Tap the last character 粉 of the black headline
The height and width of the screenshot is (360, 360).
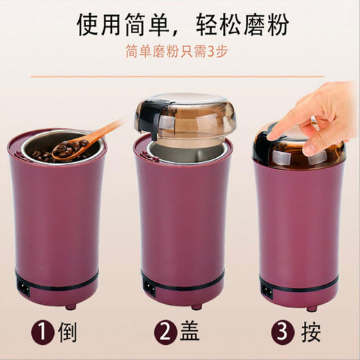pos(276,23)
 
